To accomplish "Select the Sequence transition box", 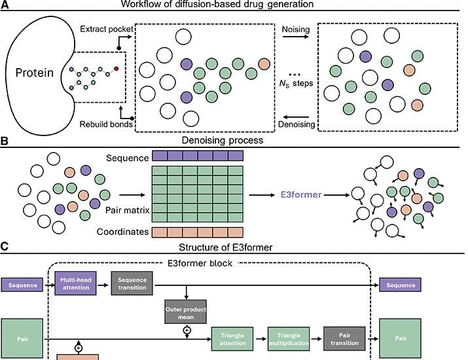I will pos(132,285).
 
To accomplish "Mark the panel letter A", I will pos(5,5).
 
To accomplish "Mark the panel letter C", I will pos(5,247).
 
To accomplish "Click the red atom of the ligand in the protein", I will pos(117,67).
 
